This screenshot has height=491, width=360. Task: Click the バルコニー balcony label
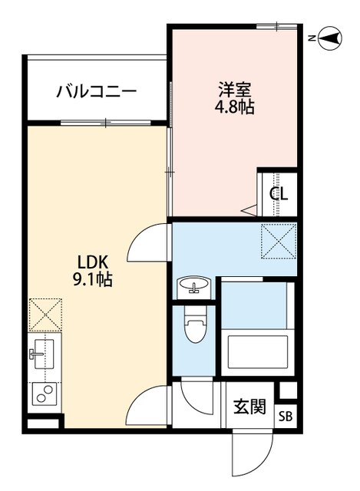coord(97,91)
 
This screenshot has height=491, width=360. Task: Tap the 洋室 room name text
coord(234,87)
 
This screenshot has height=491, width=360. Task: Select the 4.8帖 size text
coord(234,106)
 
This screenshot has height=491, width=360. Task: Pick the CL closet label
coord(278,193)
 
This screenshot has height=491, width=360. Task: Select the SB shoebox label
coord(285,417)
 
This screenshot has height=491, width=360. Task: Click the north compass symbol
coord(330,37)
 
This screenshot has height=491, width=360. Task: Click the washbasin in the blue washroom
coord(194,288)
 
